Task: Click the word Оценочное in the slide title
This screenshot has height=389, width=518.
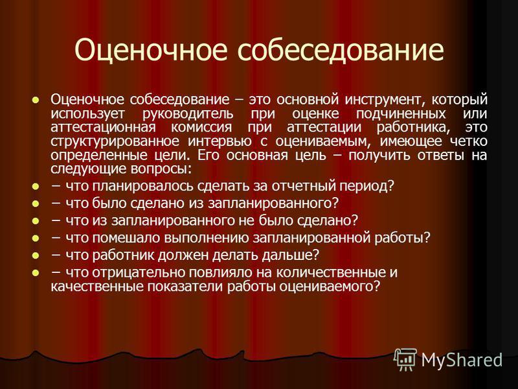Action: pos(151,50)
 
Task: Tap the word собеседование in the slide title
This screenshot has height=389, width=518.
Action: pos(341,50)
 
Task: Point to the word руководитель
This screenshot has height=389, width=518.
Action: pos(188,113)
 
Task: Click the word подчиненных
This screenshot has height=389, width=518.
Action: pos(401,113)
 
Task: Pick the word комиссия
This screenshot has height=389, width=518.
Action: pos(201,127)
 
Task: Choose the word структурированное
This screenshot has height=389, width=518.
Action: pos(115,141)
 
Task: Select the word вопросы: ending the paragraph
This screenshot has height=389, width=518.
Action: pos(161,169)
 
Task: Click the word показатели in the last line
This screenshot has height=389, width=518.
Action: pos(185,286)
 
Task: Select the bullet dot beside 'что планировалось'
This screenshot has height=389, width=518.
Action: pos(35,187)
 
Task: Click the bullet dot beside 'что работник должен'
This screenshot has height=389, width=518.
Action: pos(35,255)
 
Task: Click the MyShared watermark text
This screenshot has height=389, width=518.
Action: pos(462,359)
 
